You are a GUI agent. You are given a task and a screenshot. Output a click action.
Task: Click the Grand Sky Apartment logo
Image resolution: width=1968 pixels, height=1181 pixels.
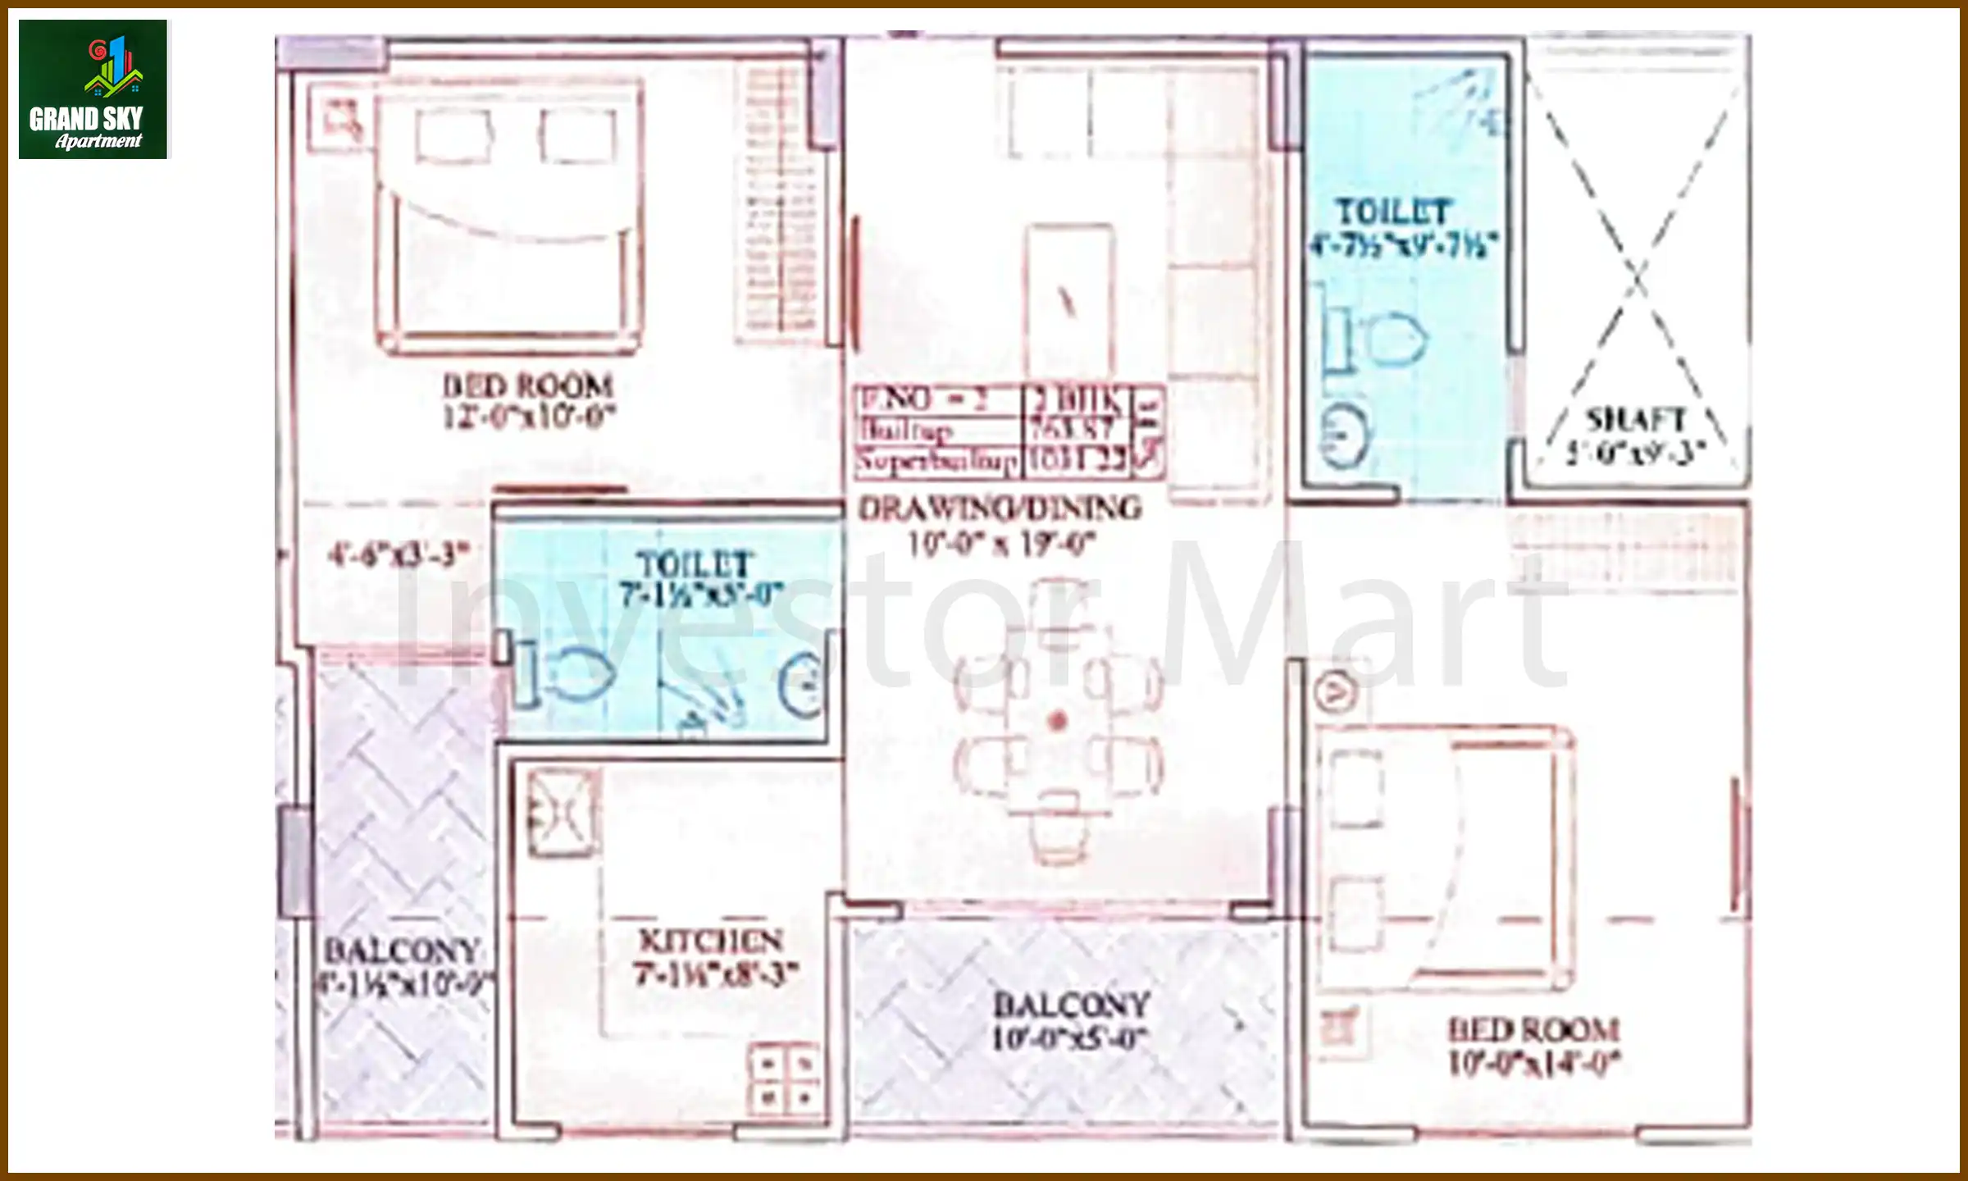[93, 89]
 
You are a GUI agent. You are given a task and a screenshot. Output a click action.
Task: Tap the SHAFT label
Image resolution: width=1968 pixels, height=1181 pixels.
[1635, 420]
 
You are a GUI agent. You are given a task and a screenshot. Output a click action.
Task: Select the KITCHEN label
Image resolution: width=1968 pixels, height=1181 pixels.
[711, 940]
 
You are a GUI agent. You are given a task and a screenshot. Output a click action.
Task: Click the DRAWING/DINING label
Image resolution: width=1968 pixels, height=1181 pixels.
[1000, 508]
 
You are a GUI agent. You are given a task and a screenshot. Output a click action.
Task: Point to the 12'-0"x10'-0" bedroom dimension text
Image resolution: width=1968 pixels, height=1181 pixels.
[529, 417]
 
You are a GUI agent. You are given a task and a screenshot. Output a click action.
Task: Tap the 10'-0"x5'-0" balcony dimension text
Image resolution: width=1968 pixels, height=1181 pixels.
[1069, 1039]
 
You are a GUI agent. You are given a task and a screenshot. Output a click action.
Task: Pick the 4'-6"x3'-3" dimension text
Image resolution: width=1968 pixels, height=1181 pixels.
[399, 554]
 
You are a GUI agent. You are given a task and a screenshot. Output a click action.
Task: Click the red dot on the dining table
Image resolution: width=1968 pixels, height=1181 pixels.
[1058, 721]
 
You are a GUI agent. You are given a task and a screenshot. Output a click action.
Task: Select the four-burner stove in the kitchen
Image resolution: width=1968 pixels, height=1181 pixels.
[785, 1079]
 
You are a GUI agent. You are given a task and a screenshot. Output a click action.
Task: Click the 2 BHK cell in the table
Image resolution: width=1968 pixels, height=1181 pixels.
[1077, 400]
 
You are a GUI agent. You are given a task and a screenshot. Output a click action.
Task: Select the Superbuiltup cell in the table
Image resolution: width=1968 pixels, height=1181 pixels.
[937, 461]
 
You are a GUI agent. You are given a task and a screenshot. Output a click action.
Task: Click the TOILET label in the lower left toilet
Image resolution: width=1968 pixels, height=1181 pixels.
[694, 564]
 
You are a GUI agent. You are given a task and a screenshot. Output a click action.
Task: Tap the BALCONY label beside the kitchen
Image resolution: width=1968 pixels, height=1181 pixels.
[402, 951]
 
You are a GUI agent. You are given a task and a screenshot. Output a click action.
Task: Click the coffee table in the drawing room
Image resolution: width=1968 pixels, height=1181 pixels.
[1069, 299]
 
